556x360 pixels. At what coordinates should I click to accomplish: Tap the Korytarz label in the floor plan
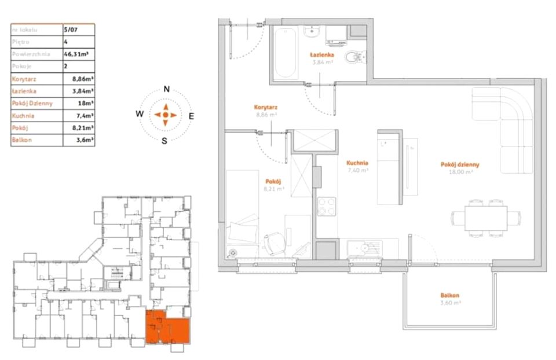coord(265,107)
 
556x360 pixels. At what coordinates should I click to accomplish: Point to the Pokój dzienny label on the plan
coord(460,164)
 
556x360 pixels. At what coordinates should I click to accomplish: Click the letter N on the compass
coord(166,90)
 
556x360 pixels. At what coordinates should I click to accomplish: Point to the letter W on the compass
coord(140,115)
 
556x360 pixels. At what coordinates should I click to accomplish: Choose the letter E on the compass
coord(192,116)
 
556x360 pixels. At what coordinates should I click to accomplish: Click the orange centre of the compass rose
coord(166,115)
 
